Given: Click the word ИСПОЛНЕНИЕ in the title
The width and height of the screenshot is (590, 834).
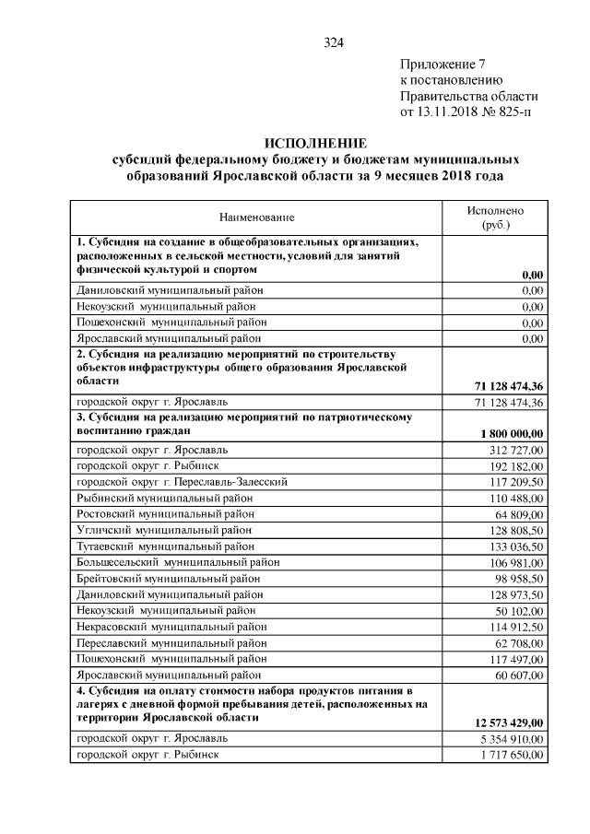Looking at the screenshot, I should (x=315, y=143).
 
